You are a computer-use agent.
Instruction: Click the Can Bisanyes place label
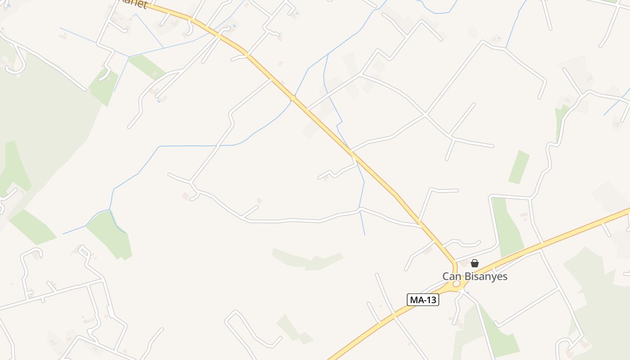tap(475, 276)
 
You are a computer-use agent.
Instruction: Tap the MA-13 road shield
tap(423, 300)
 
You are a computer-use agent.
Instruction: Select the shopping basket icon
tap(475, 263)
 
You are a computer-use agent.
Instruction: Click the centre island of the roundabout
tap(457, 284)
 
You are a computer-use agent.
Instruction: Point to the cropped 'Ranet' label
tap(134, 4)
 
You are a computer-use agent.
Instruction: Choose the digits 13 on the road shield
tap(431, 300)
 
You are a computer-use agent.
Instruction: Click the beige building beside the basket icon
tap(463, 264)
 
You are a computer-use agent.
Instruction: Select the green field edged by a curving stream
tap(108, 234)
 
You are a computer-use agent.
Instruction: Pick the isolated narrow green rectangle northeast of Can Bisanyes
tap(519, 167)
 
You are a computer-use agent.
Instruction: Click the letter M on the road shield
tap(414, 300)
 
